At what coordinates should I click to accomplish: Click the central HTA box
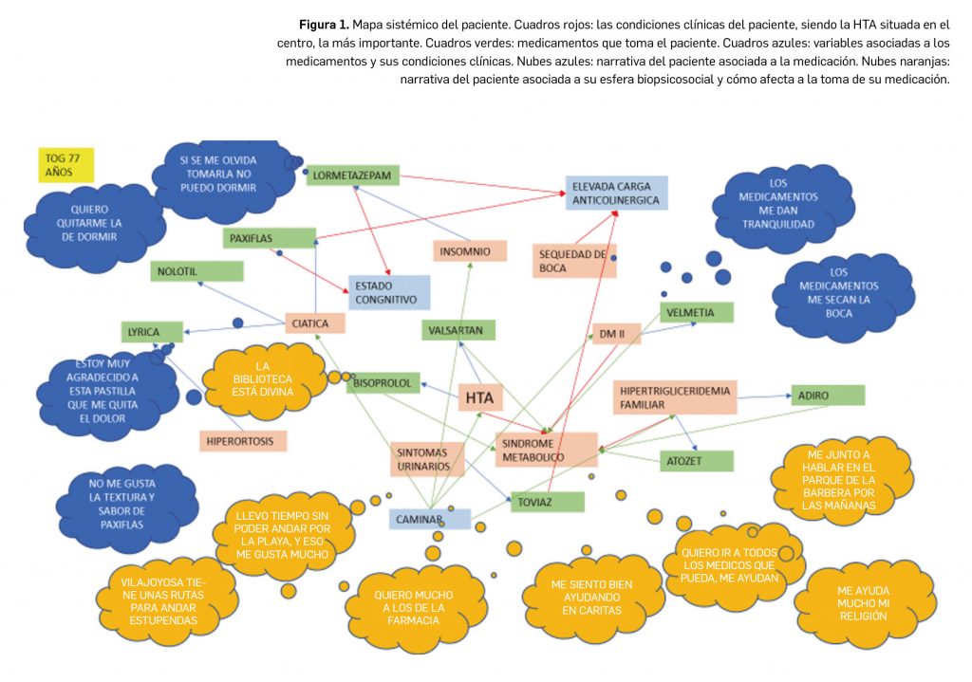479,398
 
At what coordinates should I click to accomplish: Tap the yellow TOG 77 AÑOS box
65,164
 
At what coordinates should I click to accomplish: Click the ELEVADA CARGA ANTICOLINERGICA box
615,193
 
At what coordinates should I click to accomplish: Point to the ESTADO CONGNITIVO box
389,292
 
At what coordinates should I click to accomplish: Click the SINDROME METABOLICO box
546,450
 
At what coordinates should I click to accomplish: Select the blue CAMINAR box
429,519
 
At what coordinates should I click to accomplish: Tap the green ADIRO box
827,395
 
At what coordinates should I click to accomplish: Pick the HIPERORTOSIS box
243,440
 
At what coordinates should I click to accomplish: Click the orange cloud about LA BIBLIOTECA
265,379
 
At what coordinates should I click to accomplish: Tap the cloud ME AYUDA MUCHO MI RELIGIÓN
863,602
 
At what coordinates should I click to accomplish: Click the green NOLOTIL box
196,271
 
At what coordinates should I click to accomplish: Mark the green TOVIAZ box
545,502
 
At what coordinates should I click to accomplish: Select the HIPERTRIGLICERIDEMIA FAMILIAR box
674,397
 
